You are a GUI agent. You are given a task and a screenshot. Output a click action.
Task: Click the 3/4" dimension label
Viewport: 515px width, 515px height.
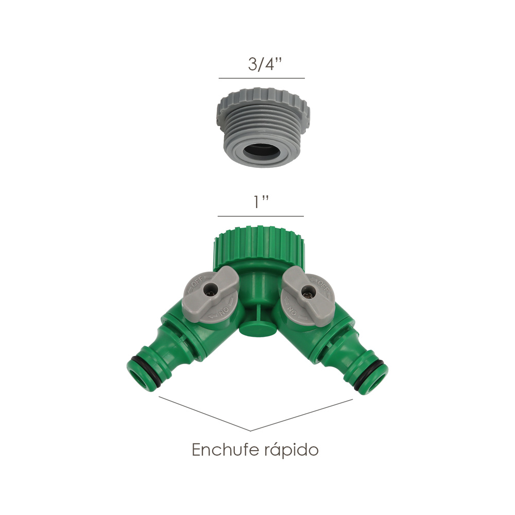coord(261,66)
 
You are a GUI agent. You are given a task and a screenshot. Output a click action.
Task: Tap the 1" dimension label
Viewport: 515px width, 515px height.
coord(260,203)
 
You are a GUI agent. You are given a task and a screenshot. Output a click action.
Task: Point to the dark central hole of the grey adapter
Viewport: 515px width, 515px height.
coord(262,152)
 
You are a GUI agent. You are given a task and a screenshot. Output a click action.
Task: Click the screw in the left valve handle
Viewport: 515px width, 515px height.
coord(209,291)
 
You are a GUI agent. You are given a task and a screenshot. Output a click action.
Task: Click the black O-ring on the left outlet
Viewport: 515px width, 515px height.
coord(140,361)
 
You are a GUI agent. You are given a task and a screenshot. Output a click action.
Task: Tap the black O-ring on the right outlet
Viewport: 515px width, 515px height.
coord(376,363)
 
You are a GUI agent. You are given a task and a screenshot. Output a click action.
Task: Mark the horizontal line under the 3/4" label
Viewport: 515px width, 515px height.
coord(262,78)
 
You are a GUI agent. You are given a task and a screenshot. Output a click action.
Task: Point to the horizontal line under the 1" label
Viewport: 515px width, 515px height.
coord(260,216)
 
